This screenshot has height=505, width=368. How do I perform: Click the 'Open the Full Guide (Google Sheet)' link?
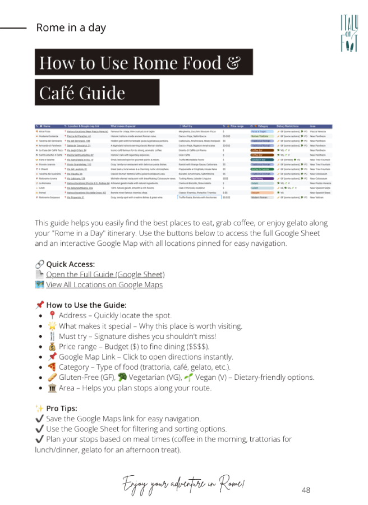click(x=105, y=274)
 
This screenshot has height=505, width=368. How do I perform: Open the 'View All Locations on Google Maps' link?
click(x=104, y=284)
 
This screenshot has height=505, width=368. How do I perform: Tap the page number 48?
click(x=306, y=489)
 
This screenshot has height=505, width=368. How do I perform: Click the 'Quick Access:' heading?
click(x=70, y=264)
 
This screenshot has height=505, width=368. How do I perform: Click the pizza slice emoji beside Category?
click(x=53, y=367)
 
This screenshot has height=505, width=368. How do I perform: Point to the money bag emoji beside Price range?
click(x=53, y=347)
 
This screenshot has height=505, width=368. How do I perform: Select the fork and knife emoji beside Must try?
click(x=53, y=337)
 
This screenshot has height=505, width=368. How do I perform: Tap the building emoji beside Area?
click(x=53, y=388)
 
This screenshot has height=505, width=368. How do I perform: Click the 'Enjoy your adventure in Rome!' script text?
click(x=183, y=483)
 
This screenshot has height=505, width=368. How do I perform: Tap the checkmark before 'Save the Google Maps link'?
click(x=39, y=419)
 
